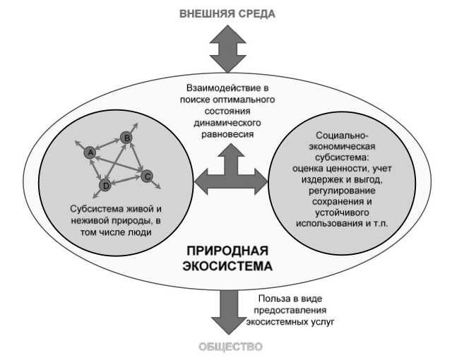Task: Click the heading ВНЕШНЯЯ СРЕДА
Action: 227,13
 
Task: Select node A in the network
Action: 90,152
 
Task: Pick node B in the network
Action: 126,138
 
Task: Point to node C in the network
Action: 146,176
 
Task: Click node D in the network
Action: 106,185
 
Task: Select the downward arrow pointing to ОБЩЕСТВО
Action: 227,311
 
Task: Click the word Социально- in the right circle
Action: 339,134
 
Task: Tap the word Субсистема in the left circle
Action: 96,210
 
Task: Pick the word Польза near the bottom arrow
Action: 273,299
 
